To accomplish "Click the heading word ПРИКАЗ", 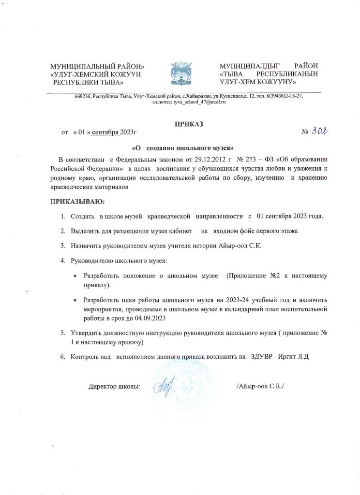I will pos(189,124).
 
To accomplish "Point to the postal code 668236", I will pos(83,96).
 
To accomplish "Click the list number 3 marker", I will pos(63,246).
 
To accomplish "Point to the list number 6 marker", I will pos(63,357).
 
